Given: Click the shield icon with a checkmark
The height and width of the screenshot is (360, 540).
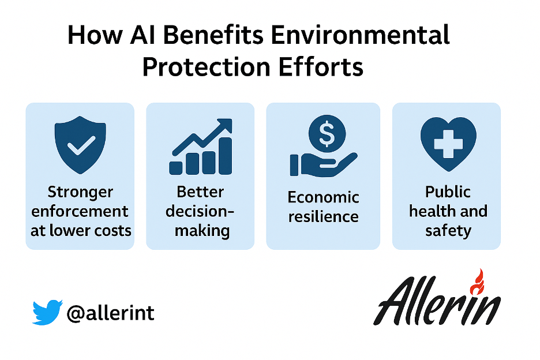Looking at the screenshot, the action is pyautogui.click(x=80, y=145).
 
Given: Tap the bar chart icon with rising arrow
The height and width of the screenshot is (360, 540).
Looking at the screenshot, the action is pyautogui.click(x=201, y=147).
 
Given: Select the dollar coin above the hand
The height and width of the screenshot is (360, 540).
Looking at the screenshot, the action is pyautogui.click(x=327, y=134).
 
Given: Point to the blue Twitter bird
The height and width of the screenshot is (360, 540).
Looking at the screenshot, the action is pyautogui.click(x=47, y=313).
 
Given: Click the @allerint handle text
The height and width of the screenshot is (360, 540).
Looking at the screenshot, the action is pyautogui.click(x=110, y=313).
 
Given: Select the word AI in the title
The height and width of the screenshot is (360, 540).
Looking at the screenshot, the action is pyautogui.click(x=142, y=35).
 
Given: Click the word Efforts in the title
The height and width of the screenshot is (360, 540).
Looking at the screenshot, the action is pyautogui.click(x=321, y=66).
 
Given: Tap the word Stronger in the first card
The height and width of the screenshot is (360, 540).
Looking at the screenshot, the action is pyautogui.click(x=80, y=193).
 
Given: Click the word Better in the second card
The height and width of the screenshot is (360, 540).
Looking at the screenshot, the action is pyautogui.click(x=200, y=192).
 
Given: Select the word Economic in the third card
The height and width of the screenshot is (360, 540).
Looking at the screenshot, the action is pyautogui.click(x=324, y=197).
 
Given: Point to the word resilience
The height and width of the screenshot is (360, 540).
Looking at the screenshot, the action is pyautogui.click(x=324, y=216).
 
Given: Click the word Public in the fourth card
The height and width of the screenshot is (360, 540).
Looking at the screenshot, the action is pyautogui.click(x=448, y=192).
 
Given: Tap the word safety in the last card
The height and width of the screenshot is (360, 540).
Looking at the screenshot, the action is pyautogui.click(x=448, y=231).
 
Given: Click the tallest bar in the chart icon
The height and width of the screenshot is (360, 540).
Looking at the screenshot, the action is pyautogui.click(x=226, y=156).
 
